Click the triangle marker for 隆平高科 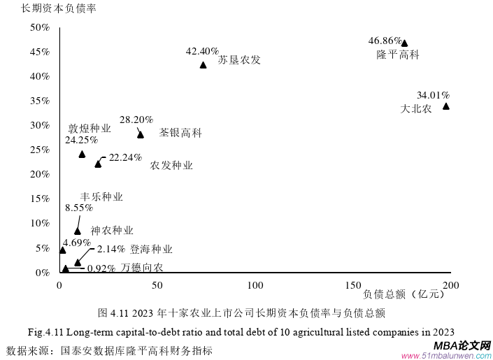pyautogui.click(x=404, y=43)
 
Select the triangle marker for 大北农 pyautogui.click(x=446, y=106)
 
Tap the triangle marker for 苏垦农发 pyautogui.click(x=203, y=65)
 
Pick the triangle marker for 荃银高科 pyautogui.click(x=141, y=134)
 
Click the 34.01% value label pyautogui.click(x=433, y=95)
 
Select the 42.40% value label pyautogui.click(x=202, y=52)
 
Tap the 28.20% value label pyautogui.click(x=136, y=120)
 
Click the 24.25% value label pyautogui.click(x=81, y=141)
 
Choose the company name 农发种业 pyautogui.click(x=171, y=166)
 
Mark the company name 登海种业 pyautogui.click(x=151, y=249)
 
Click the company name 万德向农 pyautogui.click(x=142, y=268)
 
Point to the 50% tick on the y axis pyautogui.click(x=40, y=27)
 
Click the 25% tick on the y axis pyautogui.click(x=40, y=150)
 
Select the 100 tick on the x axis pyautogui.click(x=255, y=285)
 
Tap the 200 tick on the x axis pyautogui.click(x=451, y=285)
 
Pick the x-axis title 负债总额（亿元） pyautogui.click(x=404, y=294)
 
